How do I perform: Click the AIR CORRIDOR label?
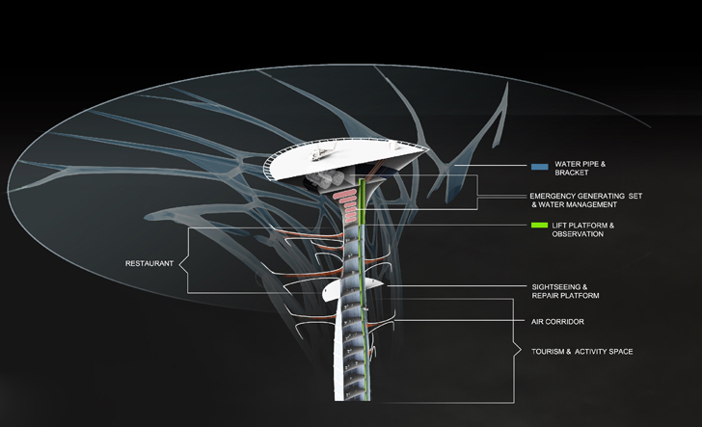(558, 321)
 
